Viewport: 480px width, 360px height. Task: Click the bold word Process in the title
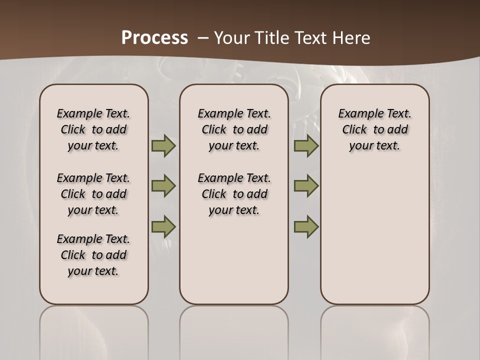pyautogui.click(x=154, y=38)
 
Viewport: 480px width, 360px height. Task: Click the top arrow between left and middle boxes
pyautogui.click(x=163, y=145)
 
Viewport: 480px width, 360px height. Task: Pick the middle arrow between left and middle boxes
pyautogui.click(x=163, y=186)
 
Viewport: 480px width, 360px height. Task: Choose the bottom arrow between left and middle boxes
pyautogui.click(x=163, y=226)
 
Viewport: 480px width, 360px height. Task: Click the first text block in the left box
pyautogui.click(x=93, y=129)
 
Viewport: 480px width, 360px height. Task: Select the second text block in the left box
pyautogui.click(x=93, y=194)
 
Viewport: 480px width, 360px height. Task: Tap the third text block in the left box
pyautogui.click(x=93, y=255)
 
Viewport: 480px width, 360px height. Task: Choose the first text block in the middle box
pyautogui.click(x=234, y=129)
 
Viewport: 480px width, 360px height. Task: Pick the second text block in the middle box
pyautogui.click(x=234, y=194)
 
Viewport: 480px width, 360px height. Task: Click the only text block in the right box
pyautogui.click(x=375, y=129)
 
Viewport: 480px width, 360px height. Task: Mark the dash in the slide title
pyautogui.click(x=203, y=38)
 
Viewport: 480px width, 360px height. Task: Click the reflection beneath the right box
pyautogui.click(x=375, y=330)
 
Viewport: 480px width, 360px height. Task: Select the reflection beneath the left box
pyautogui.click(x=94, y=330)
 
